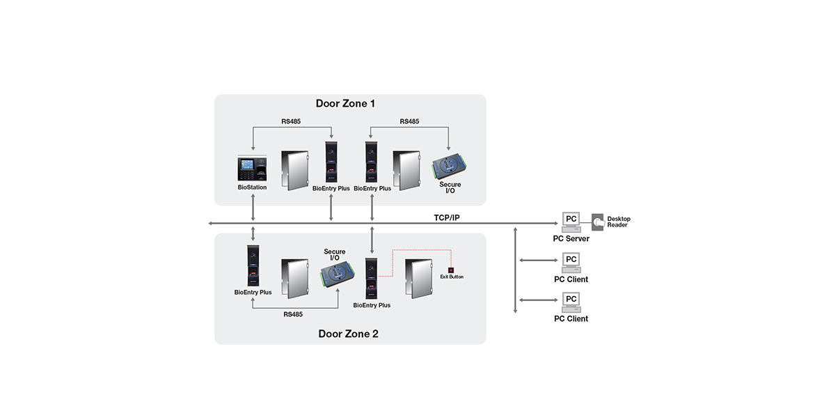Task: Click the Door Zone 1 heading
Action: (345, 104)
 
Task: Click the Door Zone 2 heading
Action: (348, 334)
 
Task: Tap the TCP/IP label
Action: (446, 217)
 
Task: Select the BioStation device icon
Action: (251, 169)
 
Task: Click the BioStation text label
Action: (251, 187)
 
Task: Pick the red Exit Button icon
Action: (451, 270)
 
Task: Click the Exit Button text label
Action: (451, 277)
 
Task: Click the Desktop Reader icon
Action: (597, 222)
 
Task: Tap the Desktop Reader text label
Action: (618, 222)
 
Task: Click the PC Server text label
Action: (571, 239)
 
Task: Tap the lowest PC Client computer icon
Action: (571, 301)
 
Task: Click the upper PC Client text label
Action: (571, 279)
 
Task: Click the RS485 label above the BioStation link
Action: (292, 121)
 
